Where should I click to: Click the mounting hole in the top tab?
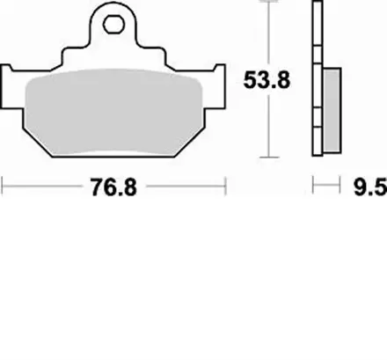pyautogui.click(x=113, y=23)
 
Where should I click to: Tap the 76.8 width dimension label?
pyautogui.click(x=115, y=187)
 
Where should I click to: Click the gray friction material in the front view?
pyautogui.click(x=114, y=110)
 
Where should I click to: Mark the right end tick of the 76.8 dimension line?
pyautogui.click(x=228, y=187)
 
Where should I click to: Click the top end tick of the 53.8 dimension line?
pyautogui.click(x=267, y=4)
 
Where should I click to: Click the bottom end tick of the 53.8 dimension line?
pyautogui.click(x=267, y=159)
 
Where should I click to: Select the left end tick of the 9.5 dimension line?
pyautogui.click(x=314, y=187)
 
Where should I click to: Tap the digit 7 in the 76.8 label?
pyautogui.click(x=95, y=187)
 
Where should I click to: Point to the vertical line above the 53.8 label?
pyautogui.click(x=267, y=35)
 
